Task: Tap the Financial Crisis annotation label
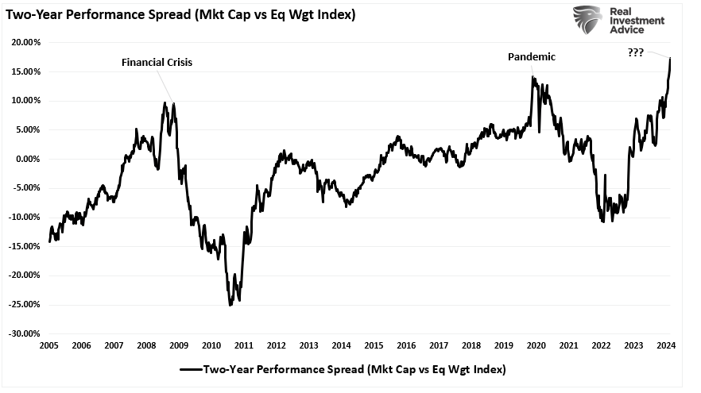(x=157, y=61)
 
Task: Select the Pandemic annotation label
(x=532, y=57)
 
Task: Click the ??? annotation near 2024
(x=634, y=52)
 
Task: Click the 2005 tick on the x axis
(x=48, y=345)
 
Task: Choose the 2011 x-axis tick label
(x=243, y=345)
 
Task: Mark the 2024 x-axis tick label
(x=665, y=345)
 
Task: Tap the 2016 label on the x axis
(x=405, y=345)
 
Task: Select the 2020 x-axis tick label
(x=536, y=345)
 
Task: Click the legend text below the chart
(x=354, y=369)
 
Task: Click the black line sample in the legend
(x=190, y=369)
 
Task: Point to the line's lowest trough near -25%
(x=230, y=305)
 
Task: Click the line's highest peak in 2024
(x=671, y=58)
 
